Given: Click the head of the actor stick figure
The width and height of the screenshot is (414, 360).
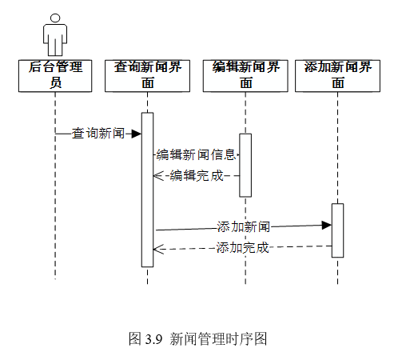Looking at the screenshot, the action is pos(55,18).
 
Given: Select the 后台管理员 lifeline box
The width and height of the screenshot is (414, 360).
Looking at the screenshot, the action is pos(55,76).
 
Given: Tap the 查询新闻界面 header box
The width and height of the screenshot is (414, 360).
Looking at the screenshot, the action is pos(147,76).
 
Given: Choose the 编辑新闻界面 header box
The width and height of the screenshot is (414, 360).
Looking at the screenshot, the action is pos(245,76).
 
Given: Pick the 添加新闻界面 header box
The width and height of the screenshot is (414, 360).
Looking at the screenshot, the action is pos(337,76).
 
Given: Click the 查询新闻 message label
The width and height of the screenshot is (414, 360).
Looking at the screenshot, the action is pos(98,134).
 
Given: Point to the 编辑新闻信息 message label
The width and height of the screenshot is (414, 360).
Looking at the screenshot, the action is pos(196,154).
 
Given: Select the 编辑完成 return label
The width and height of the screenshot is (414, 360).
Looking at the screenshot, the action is pos(197,176).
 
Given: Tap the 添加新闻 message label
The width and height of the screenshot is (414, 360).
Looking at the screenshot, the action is pos(244,227).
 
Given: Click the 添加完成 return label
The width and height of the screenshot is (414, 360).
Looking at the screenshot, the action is pos(242,248).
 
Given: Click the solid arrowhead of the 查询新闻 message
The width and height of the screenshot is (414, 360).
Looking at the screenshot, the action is pos(137,134).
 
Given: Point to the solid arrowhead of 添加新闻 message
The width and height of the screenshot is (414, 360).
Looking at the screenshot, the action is pos(327,226).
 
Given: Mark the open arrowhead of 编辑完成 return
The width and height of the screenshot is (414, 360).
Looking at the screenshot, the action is pos(158,176).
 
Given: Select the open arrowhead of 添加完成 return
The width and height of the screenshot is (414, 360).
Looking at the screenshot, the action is pos(158,250).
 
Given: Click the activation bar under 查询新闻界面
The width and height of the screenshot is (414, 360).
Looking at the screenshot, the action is pos(147,190).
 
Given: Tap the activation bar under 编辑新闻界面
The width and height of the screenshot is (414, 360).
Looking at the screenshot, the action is pos(245,166).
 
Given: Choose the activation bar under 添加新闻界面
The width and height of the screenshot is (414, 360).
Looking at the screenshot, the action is pos(337,230).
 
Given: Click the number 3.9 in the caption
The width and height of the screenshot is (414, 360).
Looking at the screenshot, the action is pos(153,339).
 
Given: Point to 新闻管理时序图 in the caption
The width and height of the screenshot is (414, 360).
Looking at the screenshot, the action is pos(218,339).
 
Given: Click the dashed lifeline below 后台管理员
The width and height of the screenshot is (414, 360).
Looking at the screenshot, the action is pos(55,186).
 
